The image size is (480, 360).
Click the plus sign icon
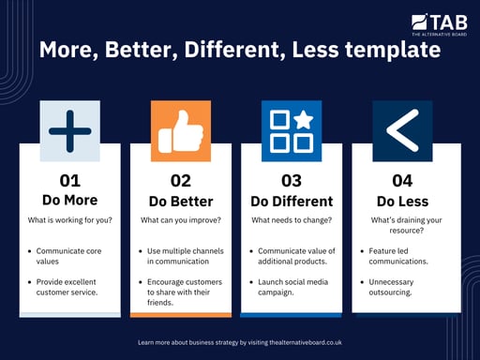pyautogui.click(x=69, y=130)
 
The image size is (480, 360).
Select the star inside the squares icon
pyautogui.click(x=304, y=120)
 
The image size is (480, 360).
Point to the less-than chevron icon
pyautogui.click(x=401, y=130)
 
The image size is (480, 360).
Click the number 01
pyautogui.click(x=70, y=181)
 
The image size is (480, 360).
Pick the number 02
pyautogui.click(x=180, y=181)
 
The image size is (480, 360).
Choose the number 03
pyautogui.click(x=291, y=181)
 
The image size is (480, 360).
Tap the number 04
pyautogui.click(x=401, y=181)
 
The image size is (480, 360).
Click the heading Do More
pyautogui.click(x=70, y=201)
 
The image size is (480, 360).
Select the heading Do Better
pyautogui.click(x=180, y=201)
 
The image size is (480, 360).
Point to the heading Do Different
pyautogui.click(x=291, y=201)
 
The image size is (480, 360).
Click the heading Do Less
pyautogui.click(x=401, y=201)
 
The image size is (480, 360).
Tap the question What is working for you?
pyautogui.click(x=70, y=221)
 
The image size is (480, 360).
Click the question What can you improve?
pyautogui.click(x=180, y=221)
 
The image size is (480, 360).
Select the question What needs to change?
pyautogui.click(x=291, y=221)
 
